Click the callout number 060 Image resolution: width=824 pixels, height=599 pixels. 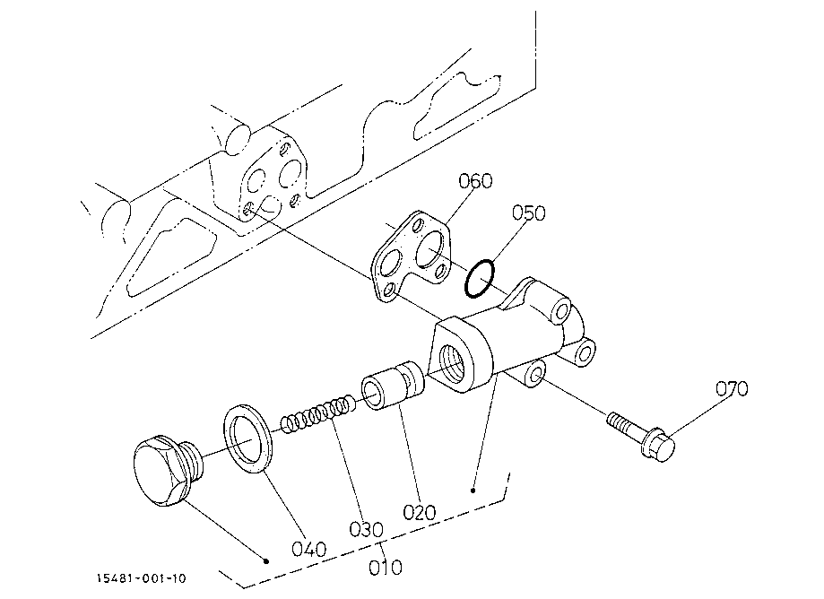[475, 181]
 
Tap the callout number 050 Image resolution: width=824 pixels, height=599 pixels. [529, 213]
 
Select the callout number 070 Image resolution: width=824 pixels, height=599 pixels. [732, 388]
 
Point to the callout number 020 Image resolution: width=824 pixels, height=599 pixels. [419, 512]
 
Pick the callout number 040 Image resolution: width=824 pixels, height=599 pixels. [309, 547]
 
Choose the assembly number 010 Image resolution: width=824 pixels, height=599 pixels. [386, 568]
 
